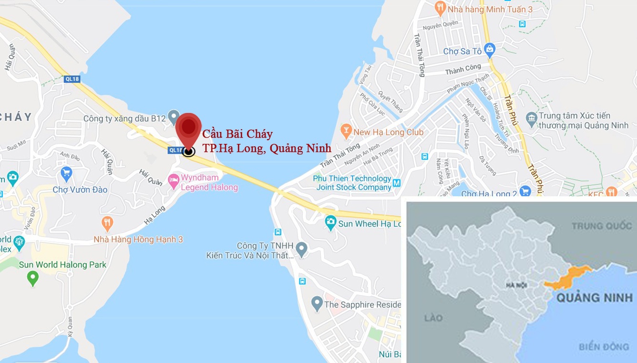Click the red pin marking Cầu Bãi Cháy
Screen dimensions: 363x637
coord(189,128)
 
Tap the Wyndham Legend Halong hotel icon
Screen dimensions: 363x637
coord(174,181)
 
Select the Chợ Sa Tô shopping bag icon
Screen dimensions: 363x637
coord(489,49)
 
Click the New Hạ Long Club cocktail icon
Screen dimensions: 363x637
coord(346,130)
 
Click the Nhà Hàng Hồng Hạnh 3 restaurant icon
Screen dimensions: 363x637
coord(107,222)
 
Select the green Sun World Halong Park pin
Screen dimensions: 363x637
coord(32,277)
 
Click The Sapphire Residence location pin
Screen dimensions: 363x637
coord(317,303)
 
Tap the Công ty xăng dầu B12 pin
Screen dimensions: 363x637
coord(174,117)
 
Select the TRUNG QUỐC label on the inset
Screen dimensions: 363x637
coord(601,226)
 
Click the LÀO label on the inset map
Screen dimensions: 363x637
coord(434,318)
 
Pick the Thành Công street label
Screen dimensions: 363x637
coord(463,71)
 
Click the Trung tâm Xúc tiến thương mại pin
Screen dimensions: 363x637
coord(531,117)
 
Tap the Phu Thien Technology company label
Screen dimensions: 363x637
coord(352,183)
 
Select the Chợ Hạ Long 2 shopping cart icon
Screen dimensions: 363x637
coord(525,192)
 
